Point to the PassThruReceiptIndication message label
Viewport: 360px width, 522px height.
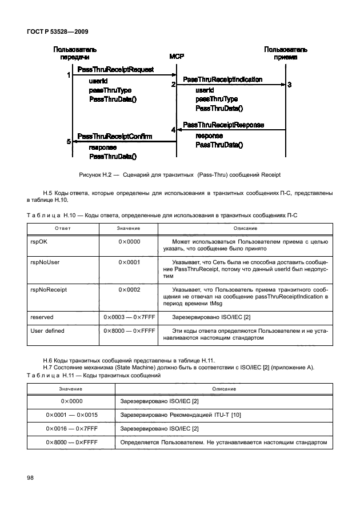222,79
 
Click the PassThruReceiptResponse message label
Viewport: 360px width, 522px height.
223,125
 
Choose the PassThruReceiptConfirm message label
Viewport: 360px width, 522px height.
114,137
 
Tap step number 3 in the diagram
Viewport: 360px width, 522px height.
290,85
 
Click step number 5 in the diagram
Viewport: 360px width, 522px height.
69,141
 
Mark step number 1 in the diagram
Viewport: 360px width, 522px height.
69,75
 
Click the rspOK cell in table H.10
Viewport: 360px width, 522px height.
39,242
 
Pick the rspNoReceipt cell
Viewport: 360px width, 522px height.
48,290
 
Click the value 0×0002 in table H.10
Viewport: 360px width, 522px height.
130,290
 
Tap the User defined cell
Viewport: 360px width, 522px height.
47,330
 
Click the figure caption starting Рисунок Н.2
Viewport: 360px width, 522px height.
179,174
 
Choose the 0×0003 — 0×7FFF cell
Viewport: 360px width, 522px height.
130,317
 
